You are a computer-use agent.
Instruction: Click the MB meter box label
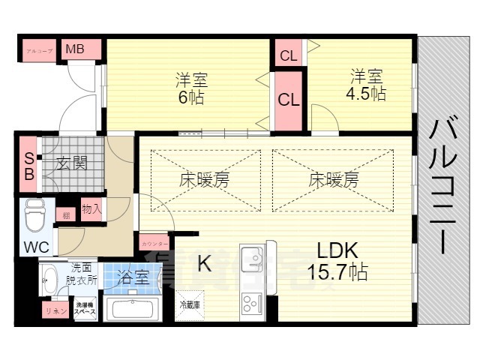[75, 49]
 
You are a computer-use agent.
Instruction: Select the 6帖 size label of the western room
[191, 97]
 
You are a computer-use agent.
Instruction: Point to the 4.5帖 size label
[367, 94]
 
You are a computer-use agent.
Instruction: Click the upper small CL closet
[288, 54]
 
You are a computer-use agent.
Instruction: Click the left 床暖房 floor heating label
[204, 180]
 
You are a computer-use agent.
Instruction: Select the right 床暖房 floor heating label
[333, 180]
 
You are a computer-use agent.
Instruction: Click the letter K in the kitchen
[203, 263]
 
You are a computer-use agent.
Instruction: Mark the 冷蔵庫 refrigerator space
[190, 304]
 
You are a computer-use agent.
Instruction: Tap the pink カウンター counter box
[154, 242]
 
